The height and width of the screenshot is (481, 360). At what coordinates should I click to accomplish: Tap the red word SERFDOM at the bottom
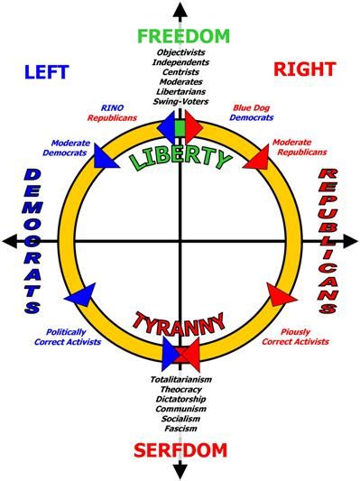(180, 450)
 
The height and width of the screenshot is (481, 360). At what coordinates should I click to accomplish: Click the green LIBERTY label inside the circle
(180, 157)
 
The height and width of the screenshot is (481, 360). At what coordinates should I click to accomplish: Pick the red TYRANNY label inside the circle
(180, 323)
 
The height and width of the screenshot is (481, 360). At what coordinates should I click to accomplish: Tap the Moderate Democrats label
(69, 147)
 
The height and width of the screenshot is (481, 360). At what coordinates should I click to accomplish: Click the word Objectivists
(180, 52)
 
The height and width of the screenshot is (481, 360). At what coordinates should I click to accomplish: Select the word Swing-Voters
(180, 101)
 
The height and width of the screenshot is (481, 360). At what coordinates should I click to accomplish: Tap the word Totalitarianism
(180, 380)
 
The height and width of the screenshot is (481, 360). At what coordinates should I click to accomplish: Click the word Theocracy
(180, 390)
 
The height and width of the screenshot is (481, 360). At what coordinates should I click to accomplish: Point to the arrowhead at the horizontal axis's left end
(9, 241)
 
